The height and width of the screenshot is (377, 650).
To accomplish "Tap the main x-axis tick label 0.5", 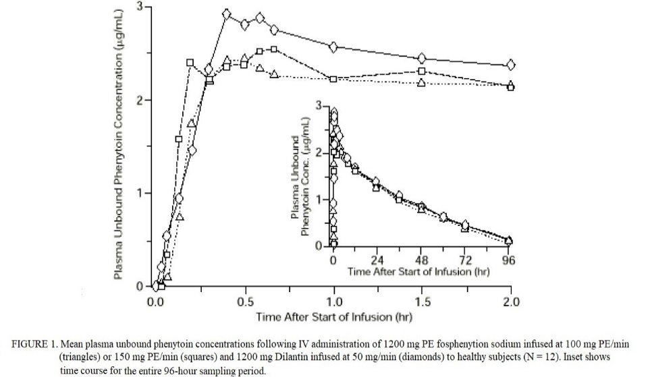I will [x=244, y=301].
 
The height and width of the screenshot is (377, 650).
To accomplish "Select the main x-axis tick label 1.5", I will [x=422, y=301].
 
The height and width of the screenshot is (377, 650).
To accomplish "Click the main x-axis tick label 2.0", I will [x=511, y=301].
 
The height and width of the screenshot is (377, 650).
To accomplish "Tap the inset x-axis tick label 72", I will [x=465, y=260].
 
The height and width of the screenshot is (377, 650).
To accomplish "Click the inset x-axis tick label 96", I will [x=508, y=260].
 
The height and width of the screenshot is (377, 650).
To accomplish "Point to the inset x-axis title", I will [x=418, y=272].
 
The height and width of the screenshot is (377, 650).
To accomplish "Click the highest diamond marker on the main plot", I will [x=227, y=13].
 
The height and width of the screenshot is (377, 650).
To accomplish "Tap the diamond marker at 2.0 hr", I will [x=511, y=65].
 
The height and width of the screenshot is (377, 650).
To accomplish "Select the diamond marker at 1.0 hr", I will [x=333, y=47].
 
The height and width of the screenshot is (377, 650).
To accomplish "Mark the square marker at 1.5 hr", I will [x=422, y=71].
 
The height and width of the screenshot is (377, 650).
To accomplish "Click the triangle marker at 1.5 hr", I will [x=422, y=82].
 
